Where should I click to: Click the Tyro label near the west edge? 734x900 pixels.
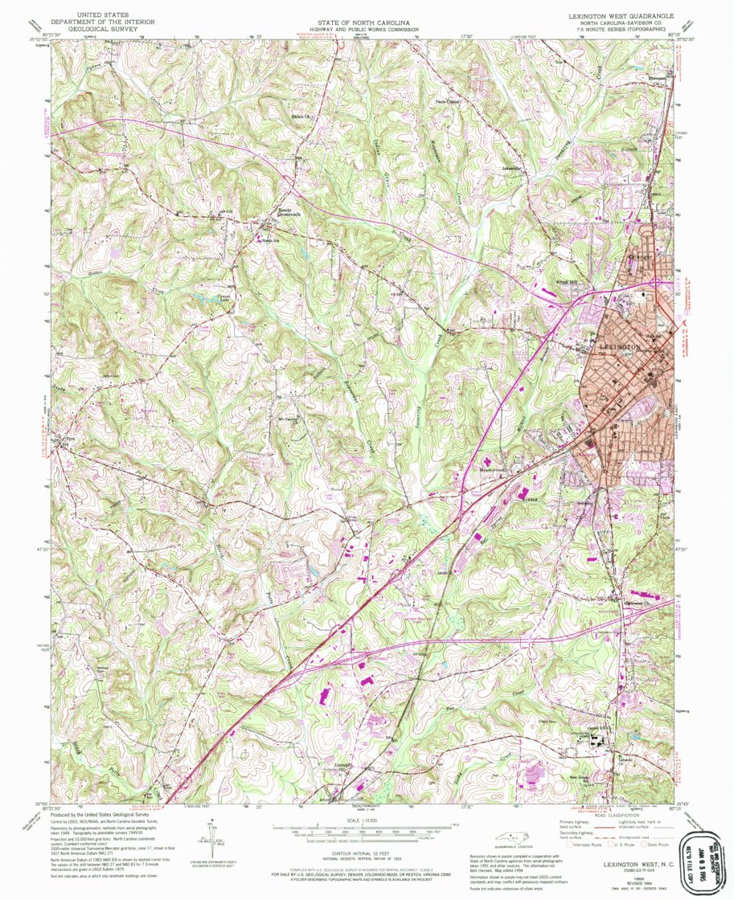click(69, 440)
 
